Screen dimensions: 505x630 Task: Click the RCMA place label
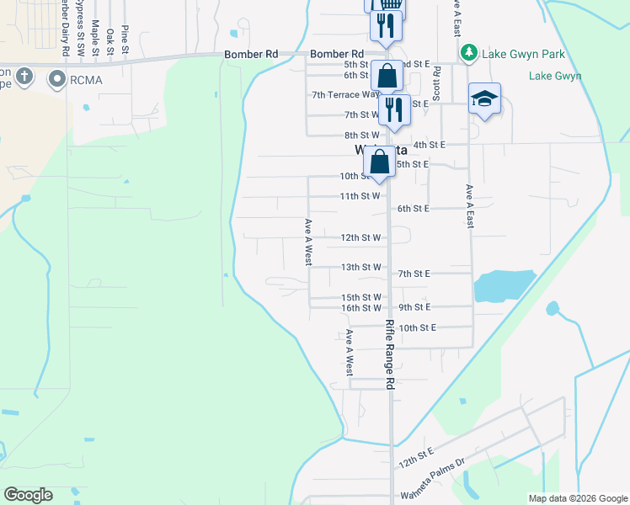(x=88, y=81)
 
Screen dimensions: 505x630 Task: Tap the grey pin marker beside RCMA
(x=58, y=80)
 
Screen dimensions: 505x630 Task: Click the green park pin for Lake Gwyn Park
(x=470, y=54)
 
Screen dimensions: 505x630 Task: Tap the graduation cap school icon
(x=484, y=99)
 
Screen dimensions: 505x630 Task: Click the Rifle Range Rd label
(x=390, y=353)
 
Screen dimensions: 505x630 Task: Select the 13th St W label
(x=360, y=267)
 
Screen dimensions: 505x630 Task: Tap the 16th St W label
(x=360, y=308)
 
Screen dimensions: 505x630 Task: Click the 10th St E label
(x=417, y=327)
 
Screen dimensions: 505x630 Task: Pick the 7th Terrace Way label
(x=344, y=95)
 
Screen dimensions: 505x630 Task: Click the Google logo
(x=28, y=495)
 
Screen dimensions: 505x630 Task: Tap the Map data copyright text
(x=576, y=498)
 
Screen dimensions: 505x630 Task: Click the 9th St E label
(x=414, y=307)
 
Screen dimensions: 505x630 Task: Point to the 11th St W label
(x=360, y=196)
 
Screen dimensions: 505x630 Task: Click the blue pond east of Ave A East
(x=505, y=286)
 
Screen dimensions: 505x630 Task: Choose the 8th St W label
(x=361, y=136)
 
